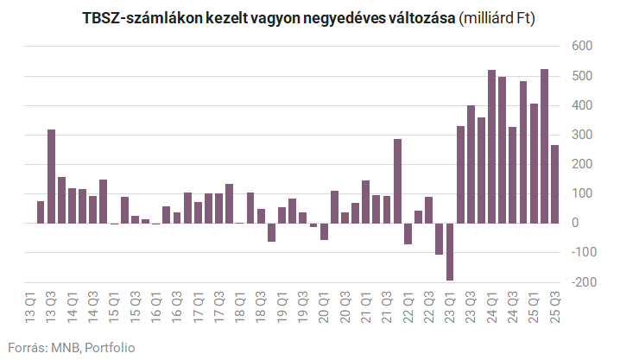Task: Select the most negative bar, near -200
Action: click(x=450, y=251)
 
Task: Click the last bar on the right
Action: click(x=554, y=184)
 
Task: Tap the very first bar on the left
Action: click(x=41, y=212)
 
